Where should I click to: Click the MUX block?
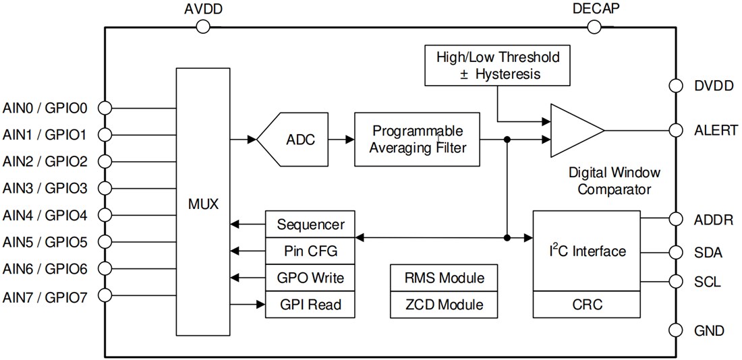click(203, 202)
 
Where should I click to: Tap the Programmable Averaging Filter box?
click(418, 140)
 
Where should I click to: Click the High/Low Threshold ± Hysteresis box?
click(498, 65)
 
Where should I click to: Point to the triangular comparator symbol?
click(573, 131)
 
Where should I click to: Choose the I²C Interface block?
click(586, 251)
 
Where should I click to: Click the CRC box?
click(586, 305)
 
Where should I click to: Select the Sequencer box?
click(310, 224)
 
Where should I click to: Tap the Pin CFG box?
click(310, 251)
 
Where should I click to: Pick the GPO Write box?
click(310, 278)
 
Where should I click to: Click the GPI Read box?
click(310, 305)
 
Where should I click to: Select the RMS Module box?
click(444, 277)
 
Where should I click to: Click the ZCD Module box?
click(444, 305)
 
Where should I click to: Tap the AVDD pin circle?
click(203, 27)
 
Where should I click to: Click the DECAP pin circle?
click(594, 27)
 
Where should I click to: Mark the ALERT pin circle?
click(675, 131)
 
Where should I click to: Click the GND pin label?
click(709, 330)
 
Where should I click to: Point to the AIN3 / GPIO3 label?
click(45, 187)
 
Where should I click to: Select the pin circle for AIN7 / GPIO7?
click(105, 295)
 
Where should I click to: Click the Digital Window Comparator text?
click(614, 181)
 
